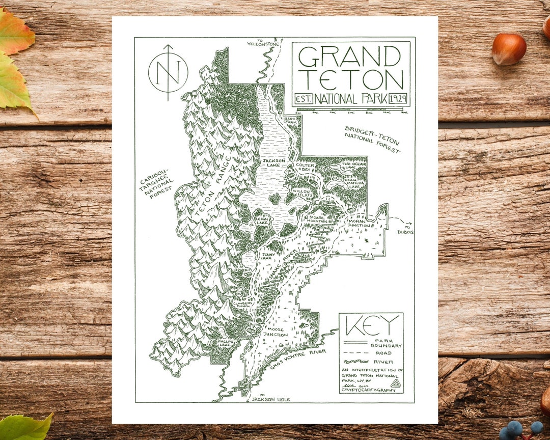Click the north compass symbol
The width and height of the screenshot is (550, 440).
(168, 72)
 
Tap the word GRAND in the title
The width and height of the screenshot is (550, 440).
(350, 57)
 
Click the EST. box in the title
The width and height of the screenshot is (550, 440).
(304, 98)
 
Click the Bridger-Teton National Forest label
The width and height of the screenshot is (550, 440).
(372, 140)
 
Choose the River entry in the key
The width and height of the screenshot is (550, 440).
(383, 362)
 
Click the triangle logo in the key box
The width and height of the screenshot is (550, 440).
(395, 383)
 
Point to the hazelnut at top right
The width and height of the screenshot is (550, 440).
(509, 49)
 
